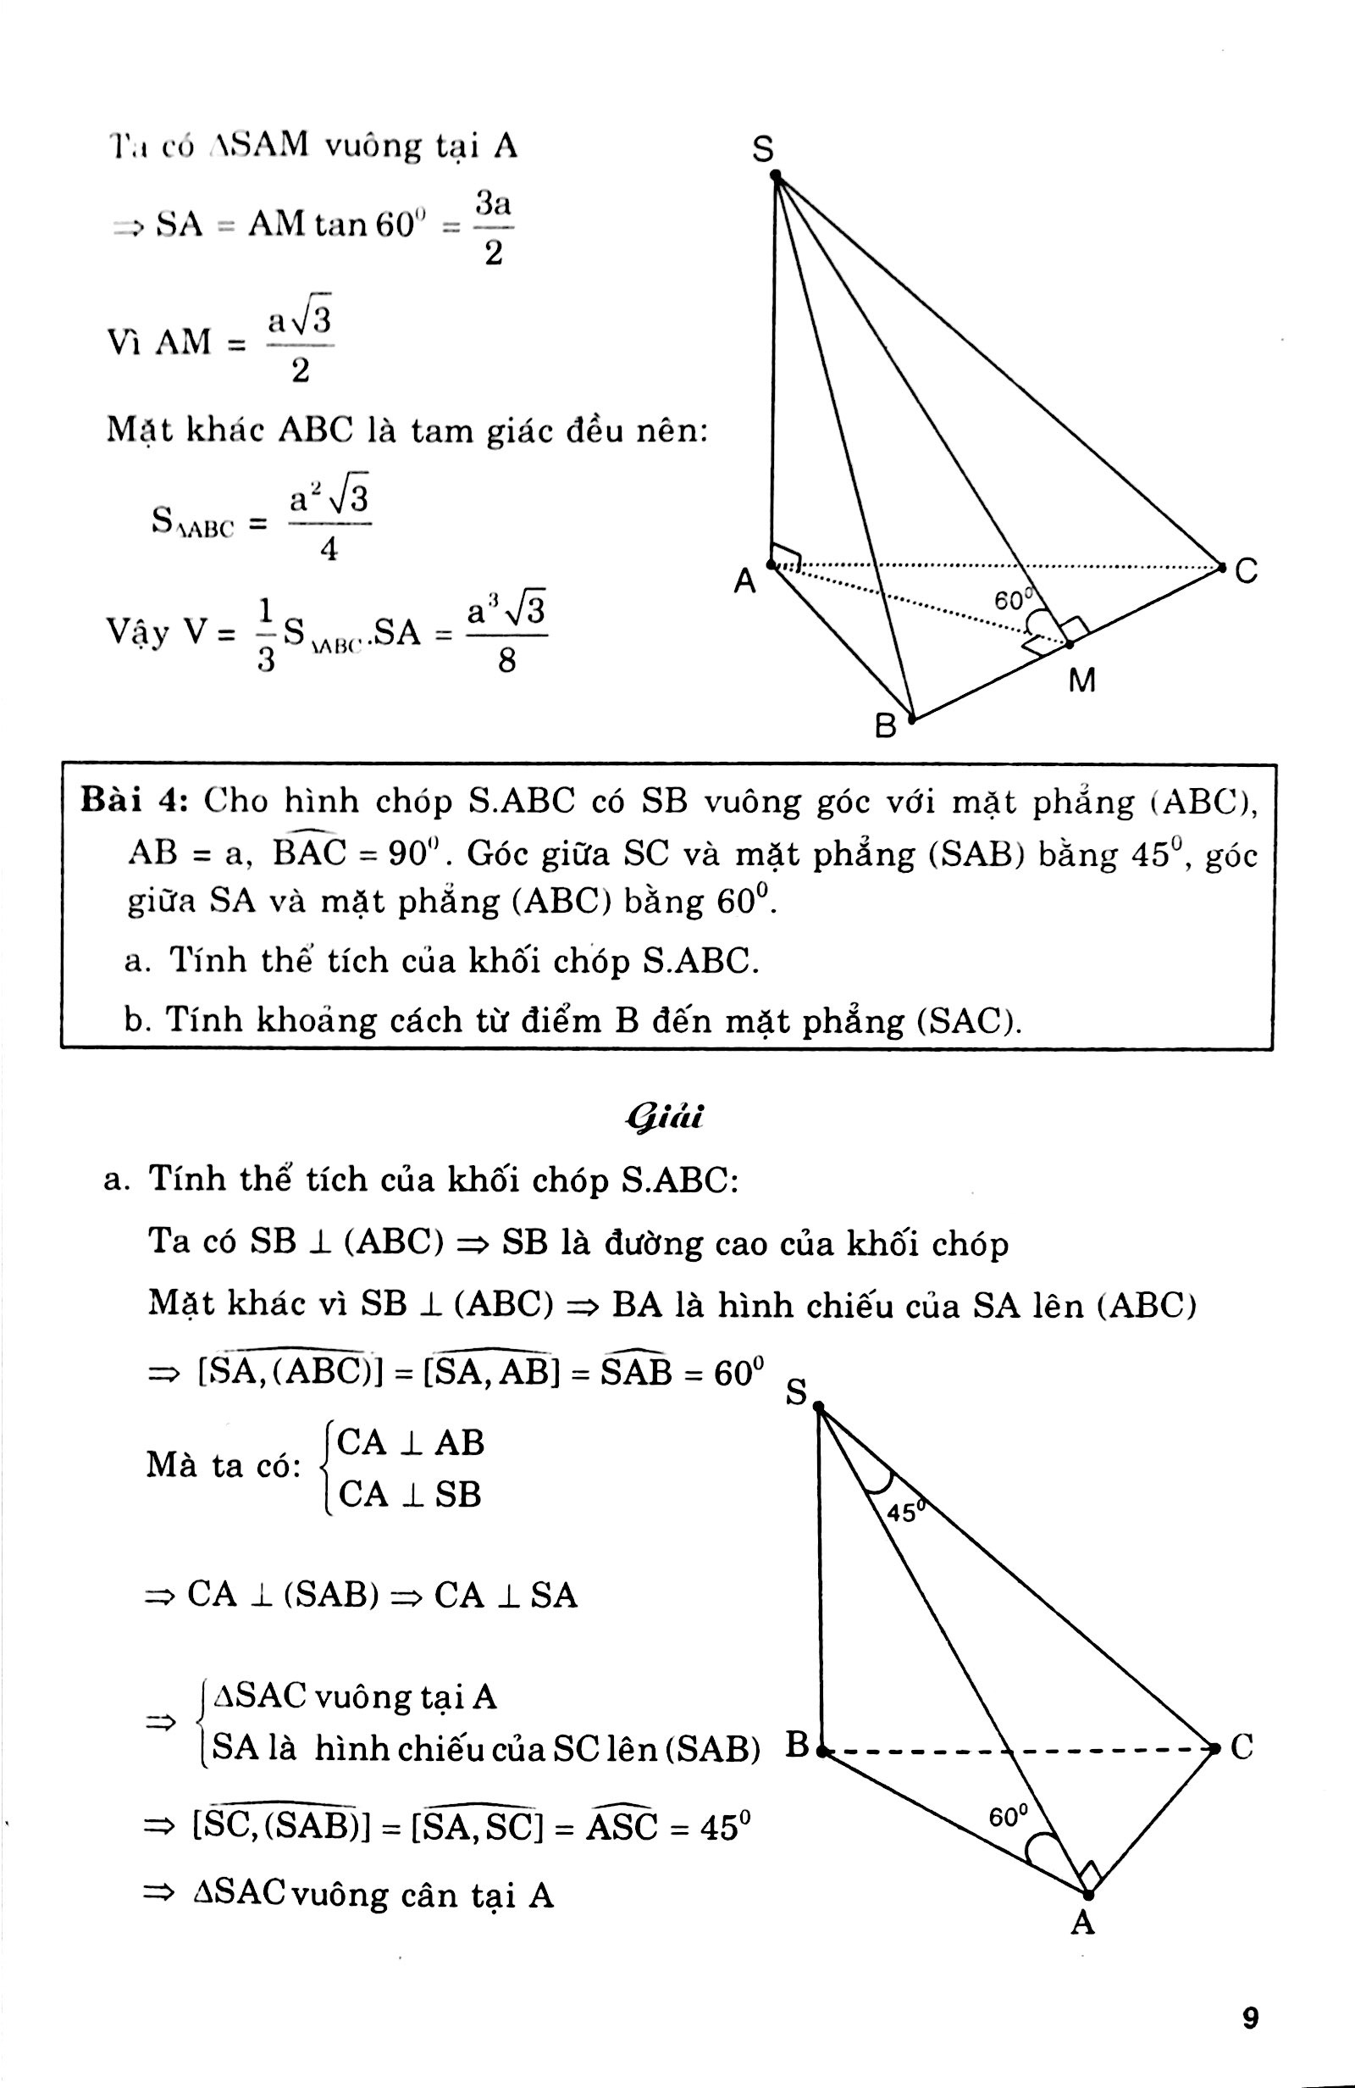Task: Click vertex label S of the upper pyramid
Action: coord(764,150)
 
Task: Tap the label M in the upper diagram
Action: coord(1082,680)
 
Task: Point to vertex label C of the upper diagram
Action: coord(1246,572)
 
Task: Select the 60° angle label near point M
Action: coord(1012,600)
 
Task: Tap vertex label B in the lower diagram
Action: coord(797,1745)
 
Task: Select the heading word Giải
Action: coord(666,1117)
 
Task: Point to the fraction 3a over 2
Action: coord(493,229)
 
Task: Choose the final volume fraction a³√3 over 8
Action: coord(507,632)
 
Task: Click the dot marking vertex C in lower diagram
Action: coord(1215,1748)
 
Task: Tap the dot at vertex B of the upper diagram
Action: coord(912,719)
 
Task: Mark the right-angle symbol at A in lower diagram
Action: coord(1090,1874)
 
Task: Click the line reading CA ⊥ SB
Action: coord(409,1494)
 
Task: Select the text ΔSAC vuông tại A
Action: coord(355,1696)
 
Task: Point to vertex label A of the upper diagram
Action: coord(744,580)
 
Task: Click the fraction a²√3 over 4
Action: coord(328,524)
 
